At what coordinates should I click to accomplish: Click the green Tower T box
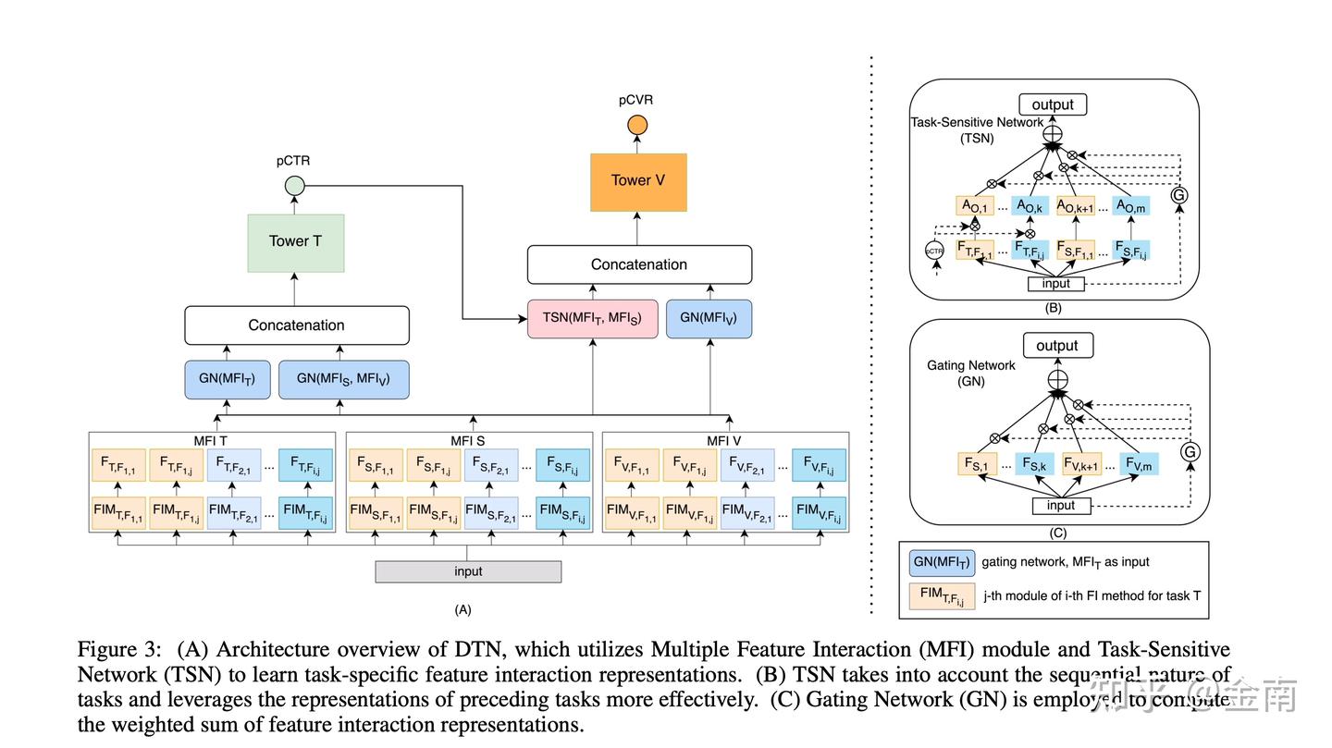[296, 242]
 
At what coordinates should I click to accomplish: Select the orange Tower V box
[638, 181]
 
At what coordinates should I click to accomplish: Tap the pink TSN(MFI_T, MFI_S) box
[592, 319]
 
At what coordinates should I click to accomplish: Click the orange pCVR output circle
[637, 125]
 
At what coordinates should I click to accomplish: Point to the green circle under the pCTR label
[294, 185]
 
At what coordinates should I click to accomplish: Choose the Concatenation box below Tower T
[296, 325]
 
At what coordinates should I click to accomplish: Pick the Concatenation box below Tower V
[639, 264]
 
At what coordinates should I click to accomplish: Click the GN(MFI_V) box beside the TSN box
[709, 319]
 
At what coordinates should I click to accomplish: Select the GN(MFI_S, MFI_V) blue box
[344, 379]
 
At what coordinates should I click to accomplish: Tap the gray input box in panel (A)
[468, 571]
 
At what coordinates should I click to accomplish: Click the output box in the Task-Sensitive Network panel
[1053, 104]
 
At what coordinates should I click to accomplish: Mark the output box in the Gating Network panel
[1056, 346]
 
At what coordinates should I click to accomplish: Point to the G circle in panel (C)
[1190, 451]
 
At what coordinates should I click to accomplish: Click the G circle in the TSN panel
[1178, 196]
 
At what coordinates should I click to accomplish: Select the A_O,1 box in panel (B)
[974, 206]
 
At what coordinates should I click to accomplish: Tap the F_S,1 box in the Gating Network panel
[979, 463]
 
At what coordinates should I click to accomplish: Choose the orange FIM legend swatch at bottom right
[942, 596]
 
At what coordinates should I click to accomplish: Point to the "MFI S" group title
[468, 440]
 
